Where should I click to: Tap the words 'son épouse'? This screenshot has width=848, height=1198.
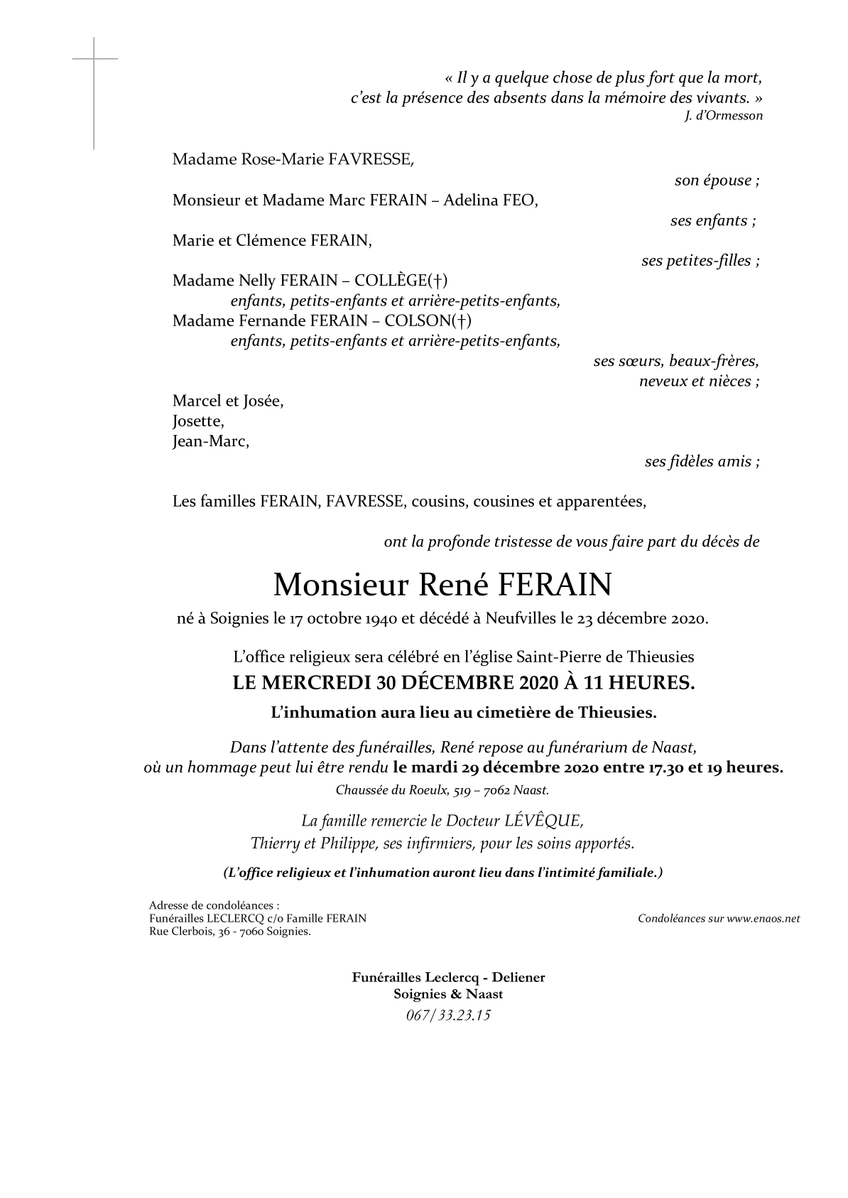(x=716, y=180)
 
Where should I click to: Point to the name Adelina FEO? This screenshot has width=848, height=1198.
(x=490, y=200)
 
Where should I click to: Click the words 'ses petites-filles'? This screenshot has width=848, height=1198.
(x=700, y=261)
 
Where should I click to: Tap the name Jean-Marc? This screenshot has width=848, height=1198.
(x=211, y=441)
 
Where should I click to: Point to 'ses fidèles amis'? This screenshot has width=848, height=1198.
(x=701, y=462)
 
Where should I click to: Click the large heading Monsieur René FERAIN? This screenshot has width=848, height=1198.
(x=442, y=585)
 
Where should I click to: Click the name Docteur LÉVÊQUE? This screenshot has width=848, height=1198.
(x=514, y=821)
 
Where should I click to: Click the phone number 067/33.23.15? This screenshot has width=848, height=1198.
(x=448, y=1015)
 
